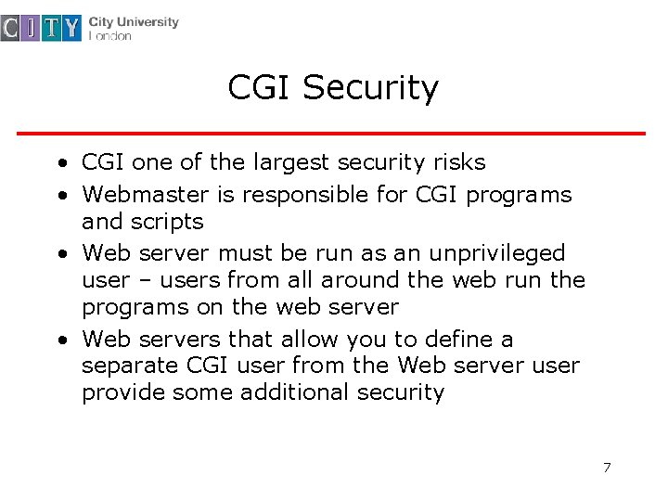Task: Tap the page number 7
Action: point(607,467)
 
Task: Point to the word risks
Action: point(458,162)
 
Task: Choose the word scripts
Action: point(167,222)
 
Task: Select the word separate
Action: point(123,366)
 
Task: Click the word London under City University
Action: point(109,36)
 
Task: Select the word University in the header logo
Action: point(147,22)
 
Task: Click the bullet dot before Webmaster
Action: point(59,196)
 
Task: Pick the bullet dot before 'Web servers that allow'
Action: point(59,340)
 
